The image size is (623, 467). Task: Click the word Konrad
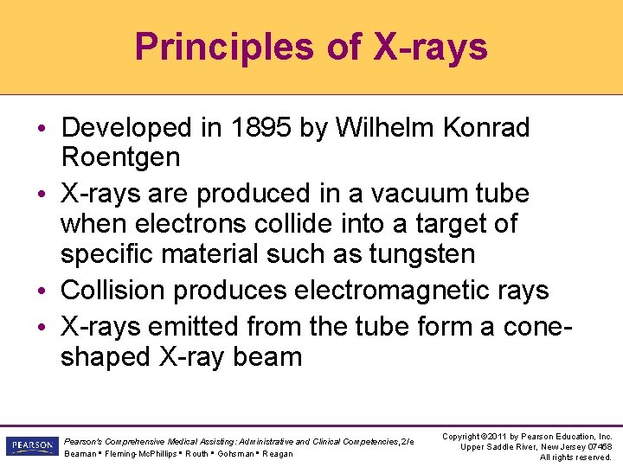coord(489,128)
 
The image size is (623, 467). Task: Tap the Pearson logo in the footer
coord(30,445)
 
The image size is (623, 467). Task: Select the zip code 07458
coord(599,446)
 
